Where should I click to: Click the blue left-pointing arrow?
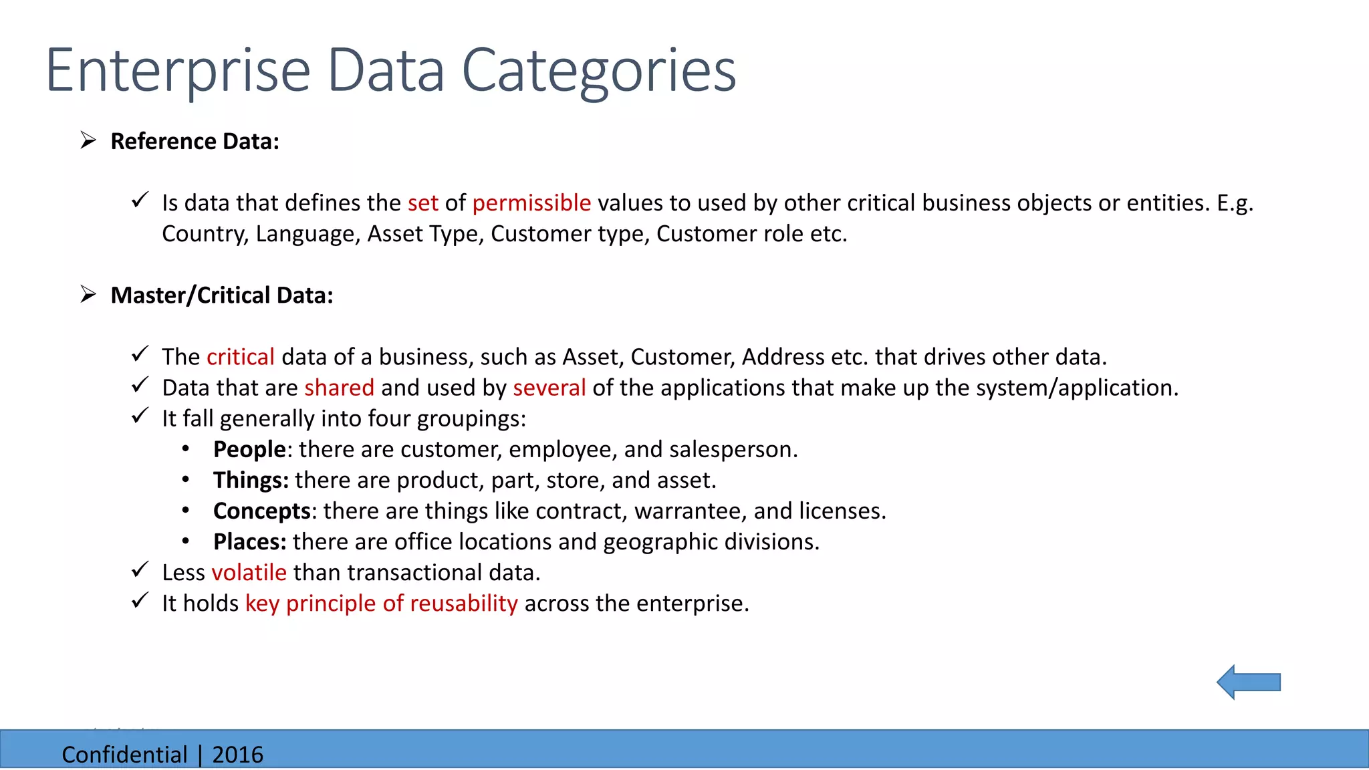(1247, 682)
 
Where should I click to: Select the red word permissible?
(531, 203)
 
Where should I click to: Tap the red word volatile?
(249, 573)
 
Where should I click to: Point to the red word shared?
(339, 388)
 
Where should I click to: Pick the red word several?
(549, 388)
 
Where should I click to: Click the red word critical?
(241, 357)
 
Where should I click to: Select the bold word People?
(249, 450)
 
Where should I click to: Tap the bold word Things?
(250, 481)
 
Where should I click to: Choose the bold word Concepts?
(261, 511)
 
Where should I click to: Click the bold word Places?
(249, 542)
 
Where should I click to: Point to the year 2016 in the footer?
(237, 755)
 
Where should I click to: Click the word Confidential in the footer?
(124, 755)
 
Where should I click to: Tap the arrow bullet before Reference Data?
(88, 140)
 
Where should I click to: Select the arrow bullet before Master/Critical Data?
(88, 294)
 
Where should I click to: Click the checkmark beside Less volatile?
(140, 570)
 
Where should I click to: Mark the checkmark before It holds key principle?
(140, 601)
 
